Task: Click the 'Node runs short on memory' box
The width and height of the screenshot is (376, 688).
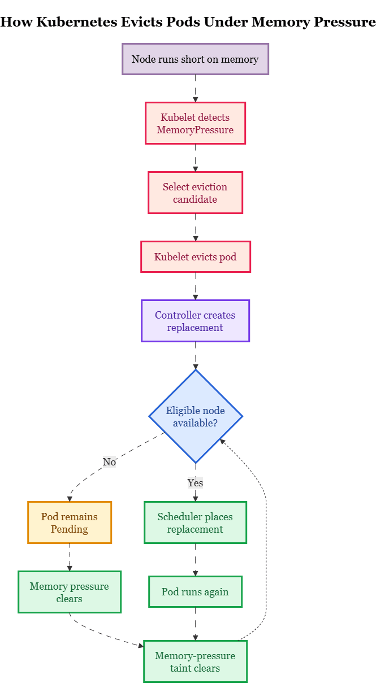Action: pos(195,59)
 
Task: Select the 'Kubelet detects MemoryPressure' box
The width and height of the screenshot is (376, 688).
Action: pos(195,123)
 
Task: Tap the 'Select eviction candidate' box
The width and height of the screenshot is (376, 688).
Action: pos(195,193)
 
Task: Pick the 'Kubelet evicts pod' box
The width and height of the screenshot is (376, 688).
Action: pos(196,257)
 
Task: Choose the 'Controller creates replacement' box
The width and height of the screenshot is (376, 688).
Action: pos(195,321)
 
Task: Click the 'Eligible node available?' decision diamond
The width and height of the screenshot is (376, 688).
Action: pos(196,416)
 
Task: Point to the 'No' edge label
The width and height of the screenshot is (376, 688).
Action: pos(110,462)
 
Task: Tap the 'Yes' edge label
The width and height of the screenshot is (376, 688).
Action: pos(195,483)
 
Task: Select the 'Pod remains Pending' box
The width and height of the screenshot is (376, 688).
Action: pos(70,522)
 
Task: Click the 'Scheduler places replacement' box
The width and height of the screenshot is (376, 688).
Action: pos(195,522)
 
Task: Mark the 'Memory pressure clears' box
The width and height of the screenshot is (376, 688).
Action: pos(70,592)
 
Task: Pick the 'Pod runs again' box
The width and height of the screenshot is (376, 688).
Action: pos(195,592)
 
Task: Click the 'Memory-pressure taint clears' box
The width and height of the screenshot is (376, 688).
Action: pos(195,661)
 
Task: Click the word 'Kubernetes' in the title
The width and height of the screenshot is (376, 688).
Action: pos(77,22)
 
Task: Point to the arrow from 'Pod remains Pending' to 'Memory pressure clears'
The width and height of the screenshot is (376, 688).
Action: pos(70,558)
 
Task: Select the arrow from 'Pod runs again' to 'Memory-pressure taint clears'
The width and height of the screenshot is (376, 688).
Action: pos(195,624)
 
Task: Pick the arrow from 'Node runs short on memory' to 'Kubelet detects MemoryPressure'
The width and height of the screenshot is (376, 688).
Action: pos(195,89)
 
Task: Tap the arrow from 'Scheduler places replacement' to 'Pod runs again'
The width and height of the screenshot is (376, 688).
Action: pos(195,560)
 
